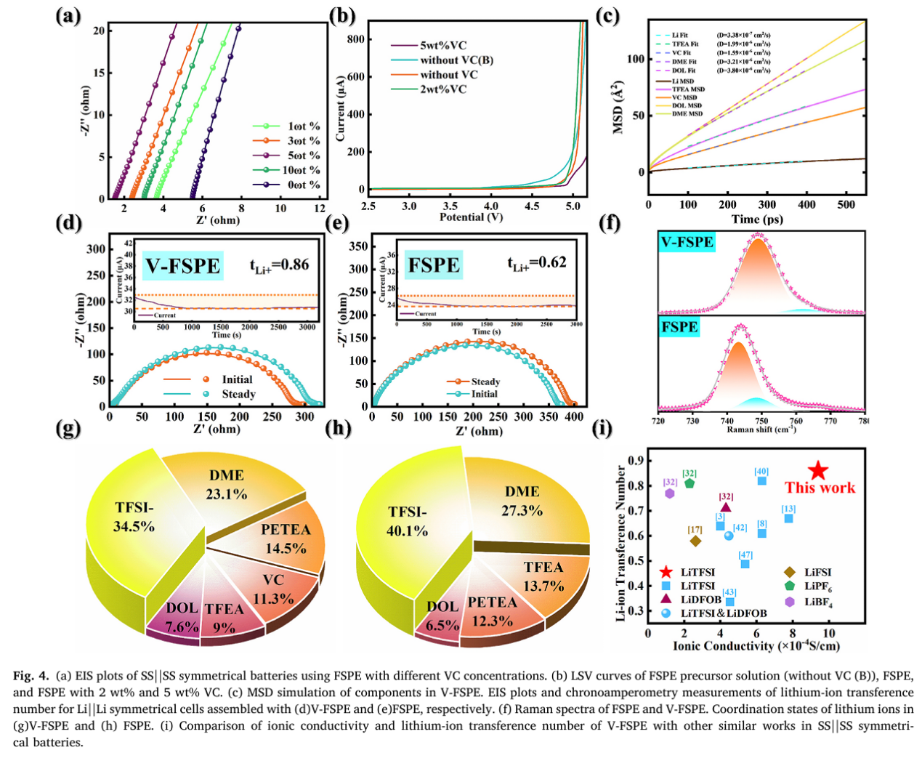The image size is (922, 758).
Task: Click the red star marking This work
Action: pos(818,470)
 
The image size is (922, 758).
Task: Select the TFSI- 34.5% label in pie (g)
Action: pos(134,517)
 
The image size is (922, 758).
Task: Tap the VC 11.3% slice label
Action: pos(273,589)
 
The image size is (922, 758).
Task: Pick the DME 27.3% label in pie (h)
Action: pos(522,501)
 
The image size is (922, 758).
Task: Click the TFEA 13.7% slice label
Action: pos(543,576)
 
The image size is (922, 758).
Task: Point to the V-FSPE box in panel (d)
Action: pos(182,266)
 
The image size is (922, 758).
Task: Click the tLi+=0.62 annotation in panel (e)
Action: pos(537,262)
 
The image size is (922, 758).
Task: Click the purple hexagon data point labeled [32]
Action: pos(670,493)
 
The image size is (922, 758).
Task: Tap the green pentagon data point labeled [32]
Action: pos(690,483)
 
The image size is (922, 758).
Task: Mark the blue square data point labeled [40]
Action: pos(761,481)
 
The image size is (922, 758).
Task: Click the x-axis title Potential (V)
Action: pos(471,217)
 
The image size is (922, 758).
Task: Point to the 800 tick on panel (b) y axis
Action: pos(355,39)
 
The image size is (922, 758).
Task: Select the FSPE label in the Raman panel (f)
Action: pos(679,327)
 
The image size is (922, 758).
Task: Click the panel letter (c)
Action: pos(607,15)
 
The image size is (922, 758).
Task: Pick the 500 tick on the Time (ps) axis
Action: pos(846,205)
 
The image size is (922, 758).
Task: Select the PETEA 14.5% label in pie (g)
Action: pos(286,539)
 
